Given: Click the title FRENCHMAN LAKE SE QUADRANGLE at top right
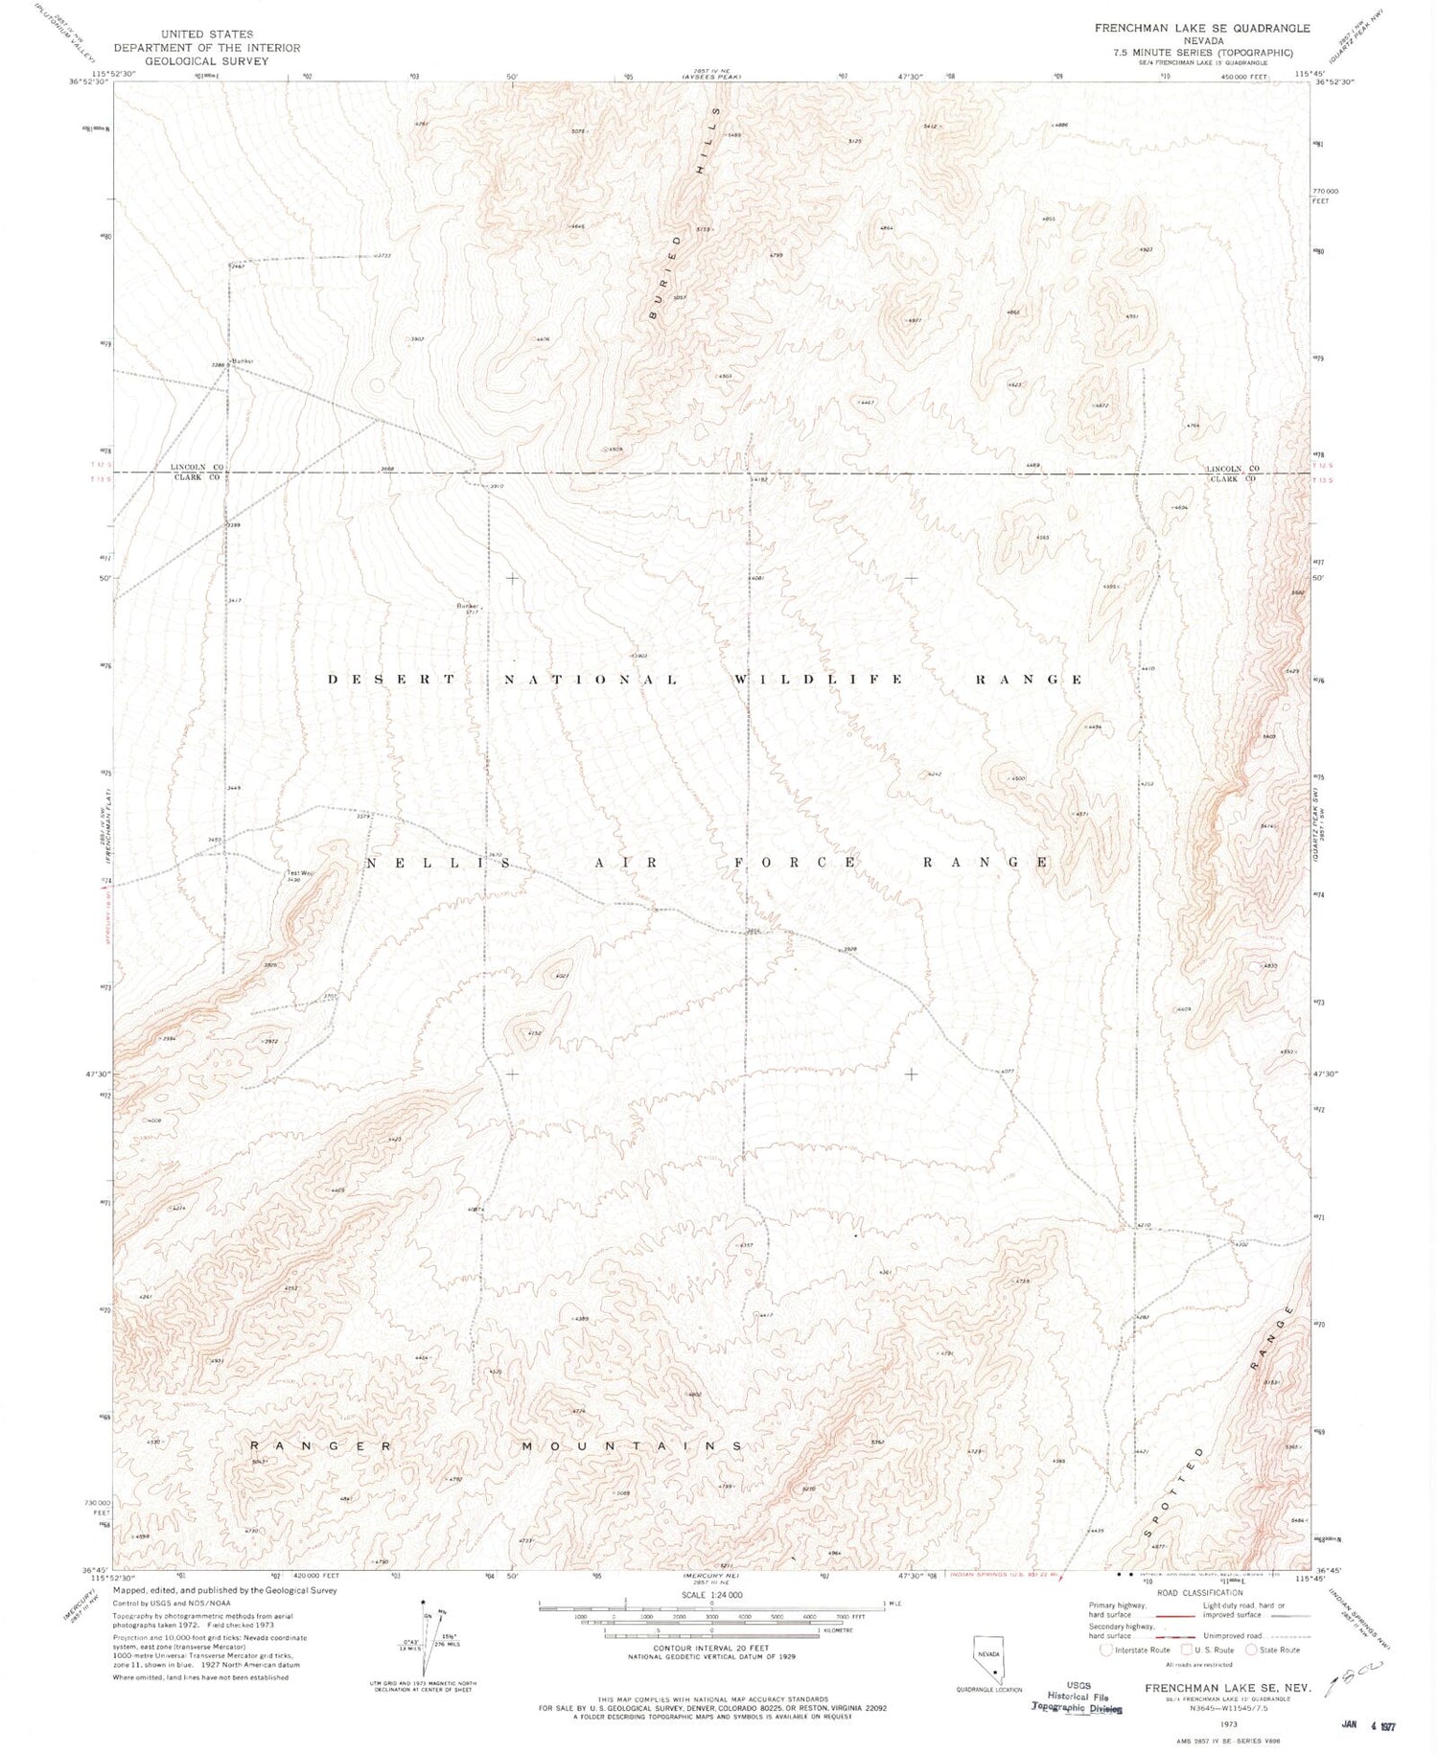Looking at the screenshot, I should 1202,29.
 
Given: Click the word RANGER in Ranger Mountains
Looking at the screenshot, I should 321,1445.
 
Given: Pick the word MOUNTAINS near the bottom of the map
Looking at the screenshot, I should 632,1445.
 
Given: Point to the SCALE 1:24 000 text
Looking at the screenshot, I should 710,1595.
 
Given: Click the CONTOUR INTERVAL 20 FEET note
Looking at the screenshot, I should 710,1649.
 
